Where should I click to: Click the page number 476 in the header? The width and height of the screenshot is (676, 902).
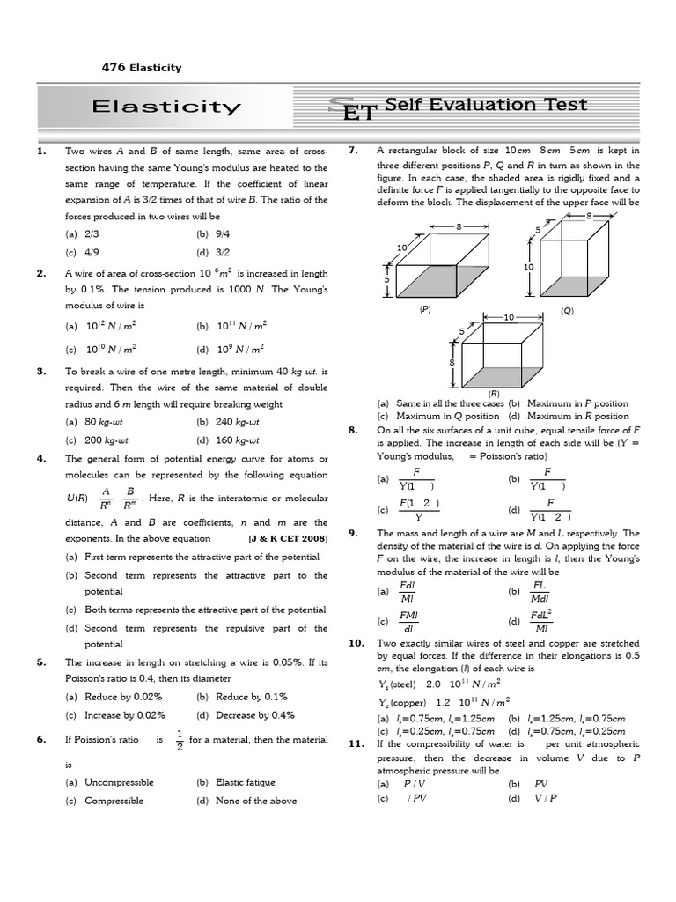point(114,68)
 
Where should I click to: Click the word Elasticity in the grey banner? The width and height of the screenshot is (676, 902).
point(166,107)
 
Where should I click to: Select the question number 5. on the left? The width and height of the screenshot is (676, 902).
point(41,662)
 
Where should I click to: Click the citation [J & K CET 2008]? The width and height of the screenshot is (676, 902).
point(289,538)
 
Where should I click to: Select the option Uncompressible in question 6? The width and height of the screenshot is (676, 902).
point(119,782)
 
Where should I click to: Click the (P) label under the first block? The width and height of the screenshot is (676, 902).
point(425,310)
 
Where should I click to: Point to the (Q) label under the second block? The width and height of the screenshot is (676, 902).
point(567,310)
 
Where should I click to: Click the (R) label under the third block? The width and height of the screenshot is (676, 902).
point(494,394)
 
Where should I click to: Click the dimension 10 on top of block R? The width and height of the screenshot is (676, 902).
point(509,317)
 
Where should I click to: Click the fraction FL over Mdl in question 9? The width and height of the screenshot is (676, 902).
point(540,592)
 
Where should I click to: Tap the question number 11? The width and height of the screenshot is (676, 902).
point(356,743)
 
